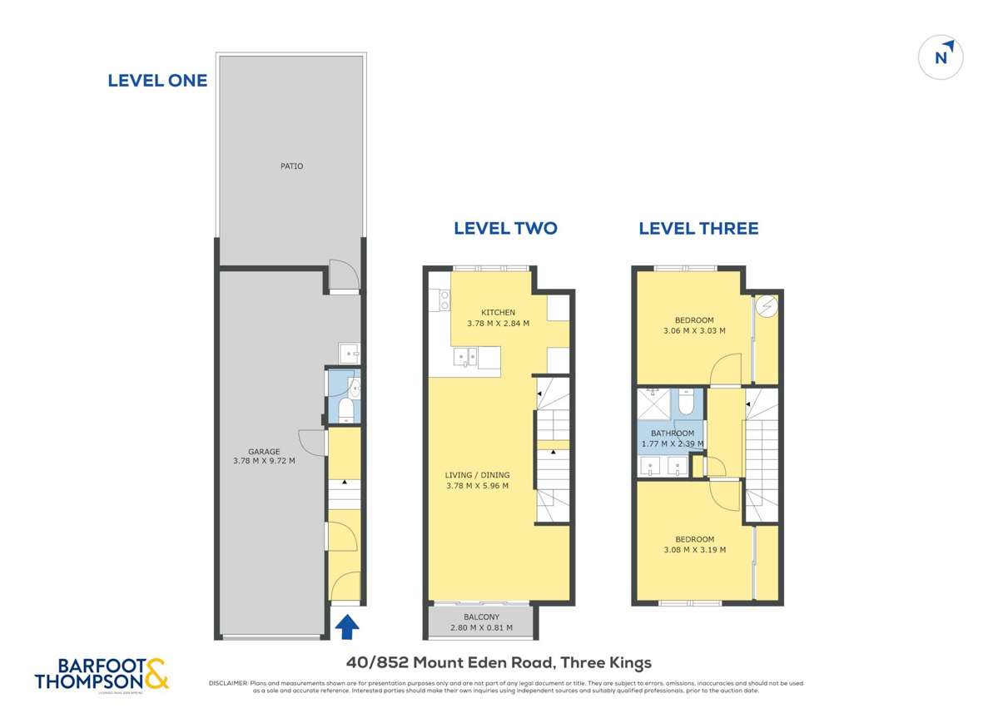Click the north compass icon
(941, 57)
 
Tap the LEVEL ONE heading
(157, 81)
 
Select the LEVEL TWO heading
(505, 228)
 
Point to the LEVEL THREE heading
(698, 228)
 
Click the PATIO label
(291, 166)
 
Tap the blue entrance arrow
(347, 625)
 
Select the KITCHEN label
(498, 313)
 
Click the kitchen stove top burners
(444, 300)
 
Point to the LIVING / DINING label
(477, 475)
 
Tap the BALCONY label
(480, 617)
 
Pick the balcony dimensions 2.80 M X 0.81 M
(480, 628)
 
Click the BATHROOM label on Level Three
(672, 433)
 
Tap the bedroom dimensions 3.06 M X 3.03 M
(694, 330)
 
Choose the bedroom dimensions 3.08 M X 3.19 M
(694, 549)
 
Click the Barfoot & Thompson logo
(102, 673)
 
